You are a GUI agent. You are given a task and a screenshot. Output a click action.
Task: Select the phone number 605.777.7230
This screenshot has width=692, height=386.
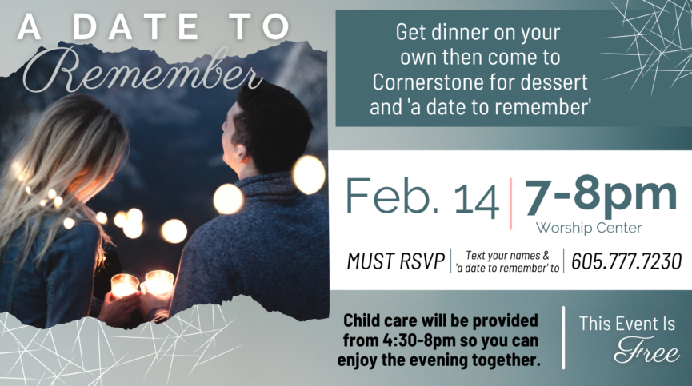626,261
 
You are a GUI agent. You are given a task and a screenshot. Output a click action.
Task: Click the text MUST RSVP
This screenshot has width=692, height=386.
395,261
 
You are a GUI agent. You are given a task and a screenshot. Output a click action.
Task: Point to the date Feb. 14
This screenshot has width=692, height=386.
422,197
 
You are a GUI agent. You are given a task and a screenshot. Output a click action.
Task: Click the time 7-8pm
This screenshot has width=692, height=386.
600,195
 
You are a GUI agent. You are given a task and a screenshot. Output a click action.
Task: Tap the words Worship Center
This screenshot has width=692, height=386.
588,228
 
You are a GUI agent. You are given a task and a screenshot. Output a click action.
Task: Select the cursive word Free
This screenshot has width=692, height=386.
646,351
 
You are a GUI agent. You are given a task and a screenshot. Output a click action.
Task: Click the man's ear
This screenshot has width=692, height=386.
240,153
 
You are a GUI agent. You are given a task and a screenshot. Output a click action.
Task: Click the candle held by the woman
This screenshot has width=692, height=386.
125,285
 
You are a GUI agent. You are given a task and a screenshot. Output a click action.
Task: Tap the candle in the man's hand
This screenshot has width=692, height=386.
159,282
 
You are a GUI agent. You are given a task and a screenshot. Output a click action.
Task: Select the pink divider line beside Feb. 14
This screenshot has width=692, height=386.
511,204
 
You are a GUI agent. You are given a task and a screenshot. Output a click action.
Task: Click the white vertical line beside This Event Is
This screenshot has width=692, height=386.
563,337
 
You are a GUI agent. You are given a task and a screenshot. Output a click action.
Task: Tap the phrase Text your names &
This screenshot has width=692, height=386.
507,256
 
